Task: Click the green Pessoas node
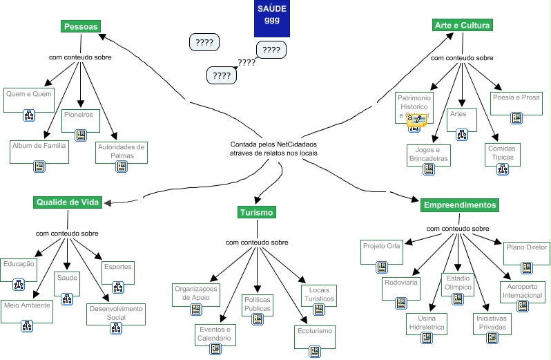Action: (x=81, y=26)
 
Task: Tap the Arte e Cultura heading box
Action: (x=462, y=26)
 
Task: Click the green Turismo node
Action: (x=257, y=212)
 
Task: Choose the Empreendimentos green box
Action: (x=459, y=205)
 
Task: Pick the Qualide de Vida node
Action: (x=68, y=202)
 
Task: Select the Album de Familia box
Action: (x=39, y=151)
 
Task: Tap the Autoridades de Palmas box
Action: (x=121, y=151)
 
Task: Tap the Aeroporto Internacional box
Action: (x=523, y=291)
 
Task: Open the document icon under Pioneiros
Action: (x=80, y=135)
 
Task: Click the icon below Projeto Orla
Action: (x=381, y=267)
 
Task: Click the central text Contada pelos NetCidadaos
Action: (x=273, y=148)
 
